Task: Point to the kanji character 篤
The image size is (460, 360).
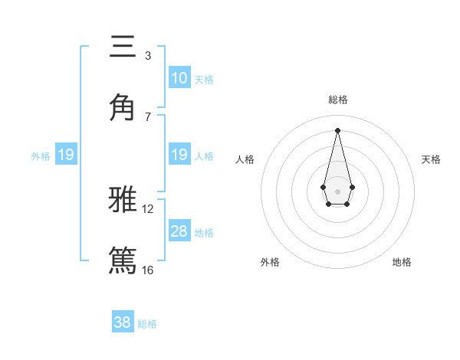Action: pyautogui.click(x=123, y=259)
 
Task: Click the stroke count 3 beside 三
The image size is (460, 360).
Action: pyautogui.click(x=147, y=56)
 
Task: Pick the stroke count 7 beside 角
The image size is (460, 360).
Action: pyautogui.click(x=147, y=116)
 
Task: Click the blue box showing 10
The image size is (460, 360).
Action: pyautogui.click(x=179, y=78)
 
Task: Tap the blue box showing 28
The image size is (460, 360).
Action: pyautogui.click(x=179, y=231)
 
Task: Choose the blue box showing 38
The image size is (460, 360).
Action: pyautogui.click(x=123, y=322)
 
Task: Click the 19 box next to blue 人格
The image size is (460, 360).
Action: pyautogui.click(x=179, y=155)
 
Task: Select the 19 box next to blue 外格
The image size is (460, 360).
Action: pyautogui.click(x=65, y=155)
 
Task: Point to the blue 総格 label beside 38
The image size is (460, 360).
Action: pyautogui.click(x=148, y=324)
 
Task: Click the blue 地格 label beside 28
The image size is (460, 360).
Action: pyautogui.click(x=204, y=233)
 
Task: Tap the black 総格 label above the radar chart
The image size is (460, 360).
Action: pyautogui.click(x=337, y=100)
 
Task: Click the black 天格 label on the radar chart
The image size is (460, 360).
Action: pyautogui.click(x=431, y=159)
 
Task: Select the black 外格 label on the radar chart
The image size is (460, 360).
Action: pyautogui.click(x=270, y=262)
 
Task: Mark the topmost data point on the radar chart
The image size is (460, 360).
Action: pyautogui.click(x=337, y=130)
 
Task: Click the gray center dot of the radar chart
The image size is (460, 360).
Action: pyautogui.click(x=337, y=190)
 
